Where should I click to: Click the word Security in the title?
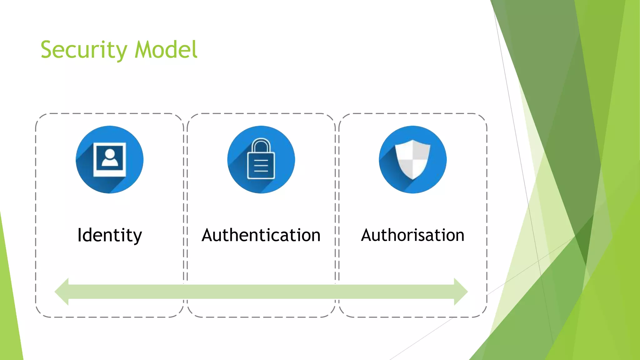(x=84, y=50)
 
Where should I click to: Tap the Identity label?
(x=109, y=235)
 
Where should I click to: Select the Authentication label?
(x=261, y=235)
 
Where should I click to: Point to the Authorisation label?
(x=412, y=235)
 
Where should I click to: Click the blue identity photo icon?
(x=109, y=160)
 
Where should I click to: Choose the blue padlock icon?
(x=261, y=160)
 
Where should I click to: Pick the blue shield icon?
(x=412, y=160)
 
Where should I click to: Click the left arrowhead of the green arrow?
(x=62, y=292)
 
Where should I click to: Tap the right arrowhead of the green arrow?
(x=461, y=292)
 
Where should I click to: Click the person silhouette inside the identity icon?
(x=110, y=157)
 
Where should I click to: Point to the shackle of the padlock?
(x=261, y=146)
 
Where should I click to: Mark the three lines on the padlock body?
(x=261, y=166)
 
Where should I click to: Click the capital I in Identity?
(x=80, y=235)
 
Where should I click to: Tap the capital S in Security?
(x=47, y=50)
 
